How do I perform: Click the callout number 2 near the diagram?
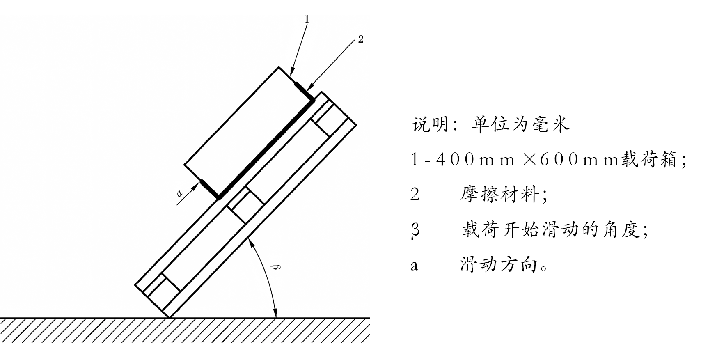point(360,39)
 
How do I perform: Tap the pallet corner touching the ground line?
point(169,317)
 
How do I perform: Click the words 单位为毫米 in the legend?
point(520,124)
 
